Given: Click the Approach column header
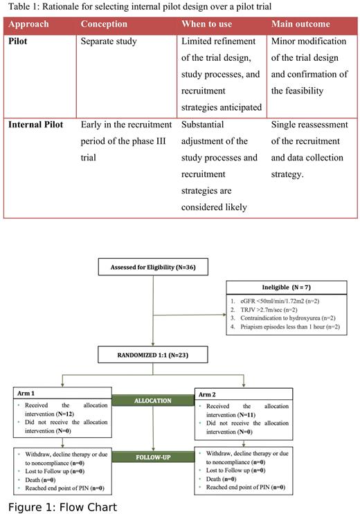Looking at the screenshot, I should pyautogui.click(x=28, y=24).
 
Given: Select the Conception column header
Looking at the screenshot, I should pyautogui.click(x=104, y=24).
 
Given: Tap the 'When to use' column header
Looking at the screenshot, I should pyautogui.click(x=206, y=24).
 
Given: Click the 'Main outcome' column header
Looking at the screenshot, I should pyautogui.click(x=302, y=24).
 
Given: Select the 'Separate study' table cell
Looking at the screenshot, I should pyautogui.click(x=109, y=42).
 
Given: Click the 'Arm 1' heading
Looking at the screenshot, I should pyautogui.click(x=26, y=394).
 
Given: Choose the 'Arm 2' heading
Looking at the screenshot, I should pyautogui.click(x=206, y=394).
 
